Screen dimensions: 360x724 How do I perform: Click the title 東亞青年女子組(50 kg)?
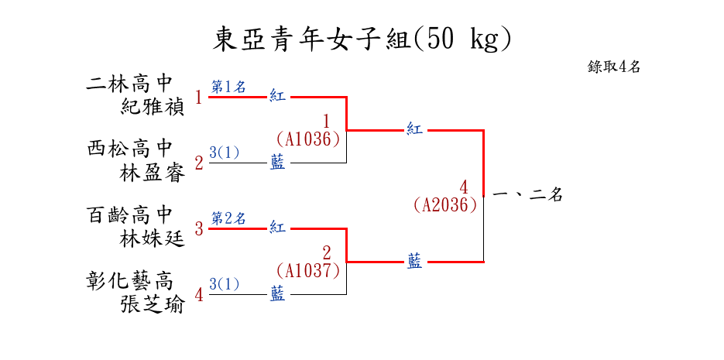(362, 39)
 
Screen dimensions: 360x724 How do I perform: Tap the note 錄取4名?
(613, 67)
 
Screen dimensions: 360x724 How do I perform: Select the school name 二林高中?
(129, 82)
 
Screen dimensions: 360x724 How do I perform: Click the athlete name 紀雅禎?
(153, 107)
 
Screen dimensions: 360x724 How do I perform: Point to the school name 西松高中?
(129, 148)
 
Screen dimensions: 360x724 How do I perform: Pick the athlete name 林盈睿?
(153, 173)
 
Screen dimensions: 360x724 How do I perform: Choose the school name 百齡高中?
(129, 214)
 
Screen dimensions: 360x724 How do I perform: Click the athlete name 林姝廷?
(153, 239)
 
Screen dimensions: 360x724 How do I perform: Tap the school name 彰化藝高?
(129, 279)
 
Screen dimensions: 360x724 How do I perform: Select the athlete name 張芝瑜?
(153, 305)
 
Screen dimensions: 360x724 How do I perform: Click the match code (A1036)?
(308, 139)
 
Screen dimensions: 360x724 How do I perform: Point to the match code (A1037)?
(308, 271)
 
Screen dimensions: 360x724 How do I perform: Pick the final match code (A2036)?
(444, 205)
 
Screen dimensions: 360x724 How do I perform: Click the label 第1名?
(228, 87)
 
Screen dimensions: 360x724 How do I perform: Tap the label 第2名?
(228, 218)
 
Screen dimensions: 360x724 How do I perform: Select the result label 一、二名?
(527, 195)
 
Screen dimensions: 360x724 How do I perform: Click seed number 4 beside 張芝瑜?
(199, 294)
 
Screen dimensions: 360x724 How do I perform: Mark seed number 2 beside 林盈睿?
(199, 163)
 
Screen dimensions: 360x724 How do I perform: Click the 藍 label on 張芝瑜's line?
(277, 294)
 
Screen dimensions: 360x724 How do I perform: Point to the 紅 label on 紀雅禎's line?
(277, 97)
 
